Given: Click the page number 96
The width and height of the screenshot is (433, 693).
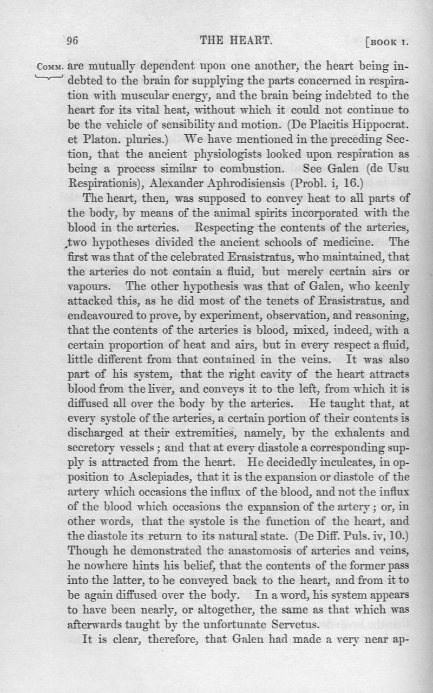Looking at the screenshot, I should coord(73,41).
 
